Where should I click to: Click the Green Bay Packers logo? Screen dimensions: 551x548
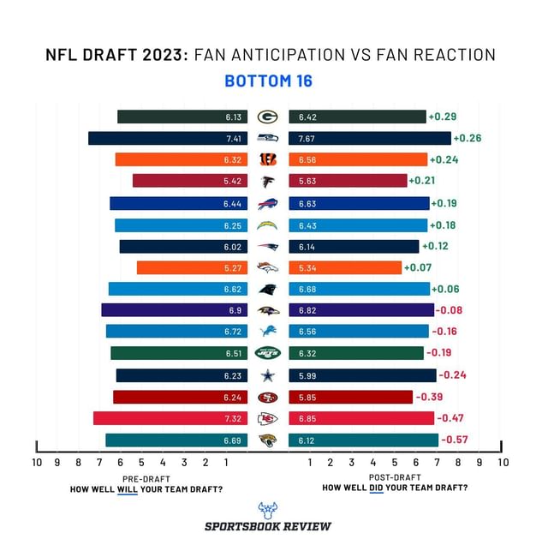click(268, 117)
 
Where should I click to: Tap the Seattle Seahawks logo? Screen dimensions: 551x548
click(268, 138)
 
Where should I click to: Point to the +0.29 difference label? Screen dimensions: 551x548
click(442, 117)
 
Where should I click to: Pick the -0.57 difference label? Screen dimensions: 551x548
click(455, 440)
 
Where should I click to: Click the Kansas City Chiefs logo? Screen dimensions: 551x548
click(268, 419)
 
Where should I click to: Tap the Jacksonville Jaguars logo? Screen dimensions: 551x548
click(268, 440)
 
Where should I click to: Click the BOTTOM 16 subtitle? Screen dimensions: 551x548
click(268, 82)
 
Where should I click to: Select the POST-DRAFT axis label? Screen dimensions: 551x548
click(395, 478)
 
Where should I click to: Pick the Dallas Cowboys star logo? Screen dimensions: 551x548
click(268, 375)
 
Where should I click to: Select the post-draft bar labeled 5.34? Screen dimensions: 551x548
click(345, 267)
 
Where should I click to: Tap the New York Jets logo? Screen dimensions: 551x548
click(268, 353)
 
